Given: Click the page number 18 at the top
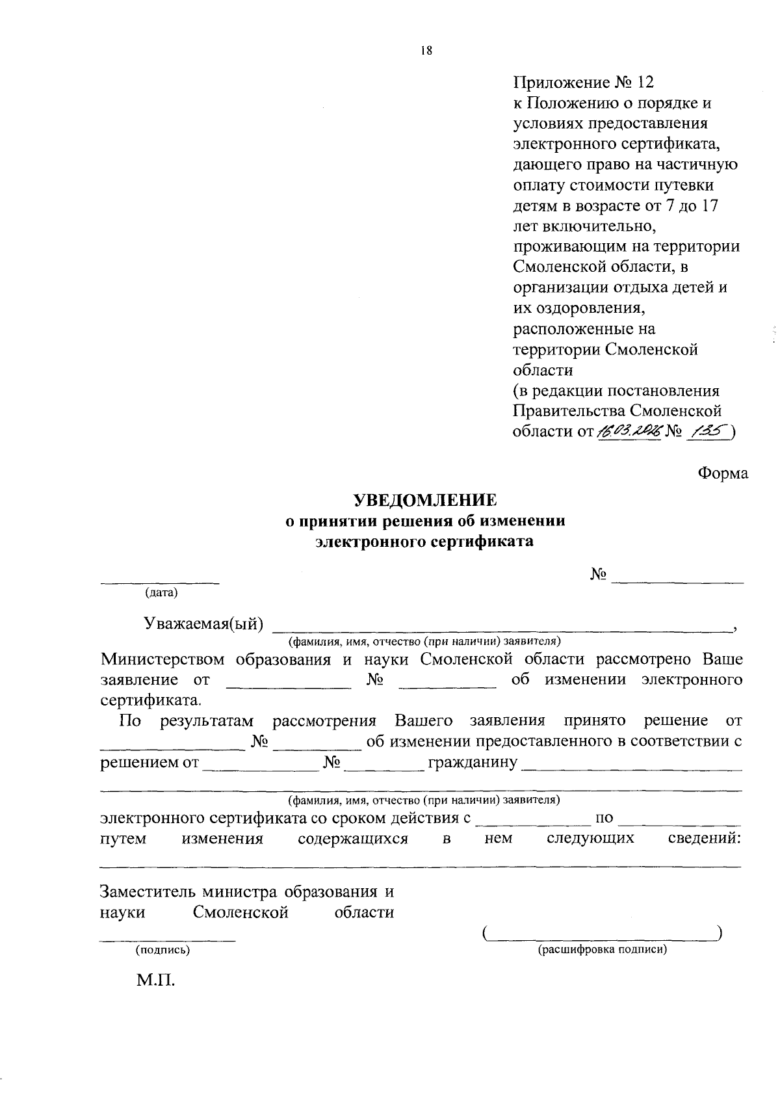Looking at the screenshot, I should [426, 51].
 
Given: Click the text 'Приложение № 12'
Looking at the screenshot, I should [583, 83].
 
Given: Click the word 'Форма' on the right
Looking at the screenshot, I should [723, 473].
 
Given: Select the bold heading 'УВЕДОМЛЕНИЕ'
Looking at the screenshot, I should [425, 499].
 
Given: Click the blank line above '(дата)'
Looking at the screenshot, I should [159, 581].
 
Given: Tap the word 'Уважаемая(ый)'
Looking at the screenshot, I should [203, 624].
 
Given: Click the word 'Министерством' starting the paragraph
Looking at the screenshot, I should [162, 659].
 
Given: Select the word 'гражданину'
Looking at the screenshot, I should [472, 761].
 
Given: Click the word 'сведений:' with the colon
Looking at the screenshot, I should [705, 838].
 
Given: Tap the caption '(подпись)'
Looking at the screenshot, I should [162, 950].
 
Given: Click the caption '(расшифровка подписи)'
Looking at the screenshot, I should [603, 950].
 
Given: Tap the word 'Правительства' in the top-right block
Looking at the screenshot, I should [568, 411].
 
